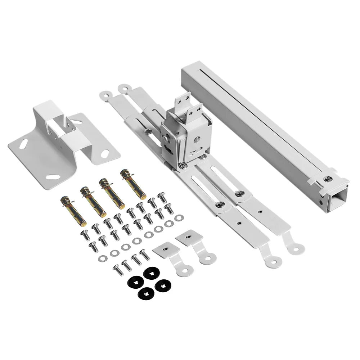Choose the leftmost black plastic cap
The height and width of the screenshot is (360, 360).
pos(135,283)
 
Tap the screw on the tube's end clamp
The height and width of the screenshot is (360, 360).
pos(327,179)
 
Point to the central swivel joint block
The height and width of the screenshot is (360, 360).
pos(182,135)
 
